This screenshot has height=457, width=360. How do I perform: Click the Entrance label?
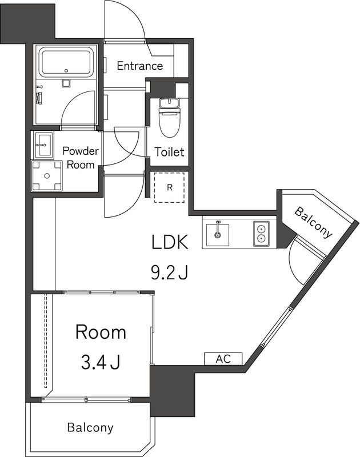[x=139, y=66]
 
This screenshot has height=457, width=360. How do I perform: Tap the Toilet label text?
[x=169, y=152]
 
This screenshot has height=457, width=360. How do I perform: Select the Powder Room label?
[x=81, y=158]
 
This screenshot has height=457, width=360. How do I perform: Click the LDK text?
[x=170, y=242]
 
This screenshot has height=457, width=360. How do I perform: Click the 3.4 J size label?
[x=101, y=362]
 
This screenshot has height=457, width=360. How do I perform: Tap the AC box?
[x=223, y=359]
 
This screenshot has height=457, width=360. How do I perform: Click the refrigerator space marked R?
[x=169, y=187]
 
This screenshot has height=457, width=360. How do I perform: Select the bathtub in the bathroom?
[x=66, y=63]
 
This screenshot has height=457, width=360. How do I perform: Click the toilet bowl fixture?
[x=169, y=118]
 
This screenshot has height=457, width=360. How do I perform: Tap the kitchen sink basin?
[x=217, y=235]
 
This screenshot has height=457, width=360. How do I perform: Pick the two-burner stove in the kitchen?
[x=261, y=234]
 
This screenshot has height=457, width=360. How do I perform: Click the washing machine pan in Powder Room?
[x=47, y=176]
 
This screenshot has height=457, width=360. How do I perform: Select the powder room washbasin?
[x=44, y=145]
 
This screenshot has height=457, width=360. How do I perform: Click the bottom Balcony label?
[x=90, y=427]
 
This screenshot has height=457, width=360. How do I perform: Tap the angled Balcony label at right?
[x=314, y=223]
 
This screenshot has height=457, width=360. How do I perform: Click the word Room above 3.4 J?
[x=101, y=332]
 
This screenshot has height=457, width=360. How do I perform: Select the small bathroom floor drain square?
[x=66, y=83]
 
